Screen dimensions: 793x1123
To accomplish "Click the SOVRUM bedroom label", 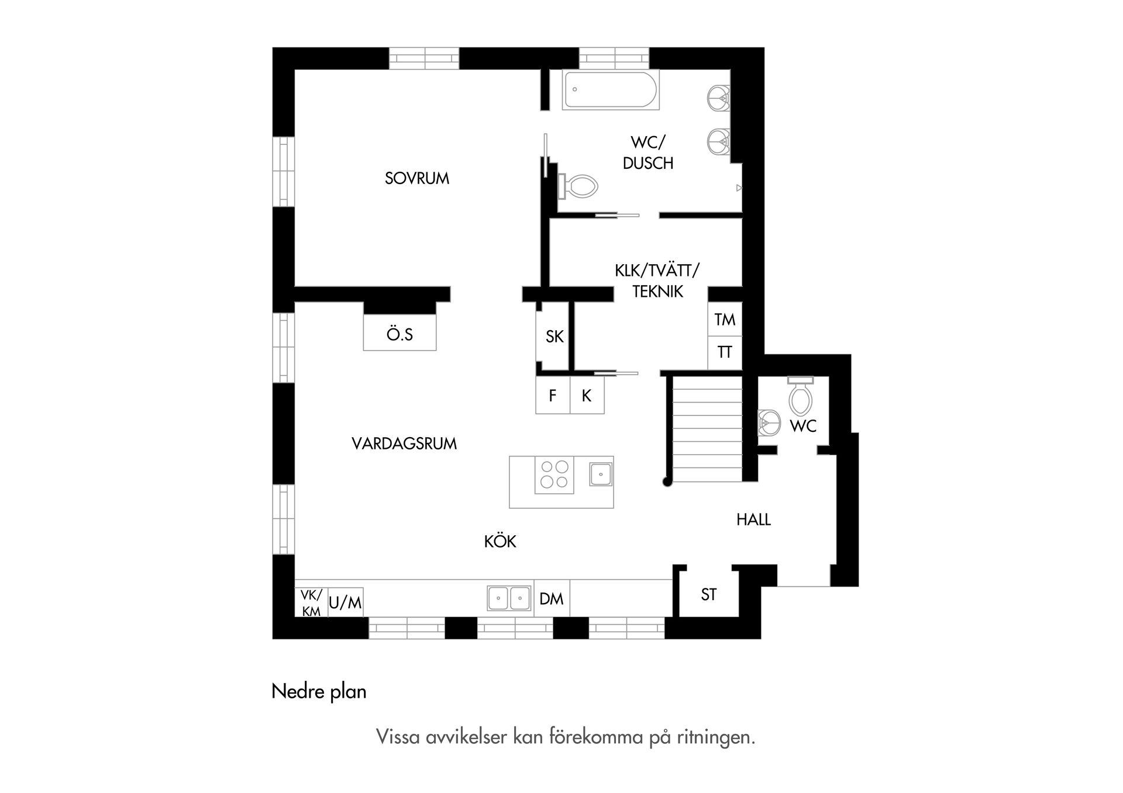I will [x=416, y=178].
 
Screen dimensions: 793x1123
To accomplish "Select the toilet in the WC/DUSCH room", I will [x=578, y=186].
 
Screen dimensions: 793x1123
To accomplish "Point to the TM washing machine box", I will [x=725, y=320].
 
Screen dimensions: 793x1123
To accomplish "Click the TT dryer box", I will [x=725, y=352].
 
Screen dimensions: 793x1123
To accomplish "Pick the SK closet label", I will [x=554, y=337].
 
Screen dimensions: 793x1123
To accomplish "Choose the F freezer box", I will [x=553, y=396].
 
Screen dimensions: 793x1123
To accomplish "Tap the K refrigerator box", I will [x=587, y=396].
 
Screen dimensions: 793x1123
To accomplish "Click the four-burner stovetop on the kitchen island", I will [x=554, y=475].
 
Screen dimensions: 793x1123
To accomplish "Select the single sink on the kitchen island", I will [x=600, y=474].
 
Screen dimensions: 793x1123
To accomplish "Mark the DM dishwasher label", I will [x=551, y=599].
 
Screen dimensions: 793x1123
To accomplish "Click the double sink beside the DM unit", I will [x=509, y=598].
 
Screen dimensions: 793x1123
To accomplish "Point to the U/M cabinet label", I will [x=345, y=602].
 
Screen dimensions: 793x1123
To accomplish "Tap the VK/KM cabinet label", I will [x=311, y=602].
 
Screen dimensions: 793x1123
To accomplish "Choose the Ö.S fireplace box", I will [x=399, y=334].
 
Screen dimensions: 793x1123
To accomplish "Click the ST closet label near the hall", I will [x=708, y=595].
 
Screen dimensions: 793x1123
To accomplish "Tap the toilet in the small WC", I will [x=800, y=397].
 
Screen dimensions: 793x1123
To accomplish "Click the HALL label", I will [x=753, y=520].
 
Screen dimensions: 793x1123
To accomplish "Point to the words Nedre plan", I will [x=319, y=692].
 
